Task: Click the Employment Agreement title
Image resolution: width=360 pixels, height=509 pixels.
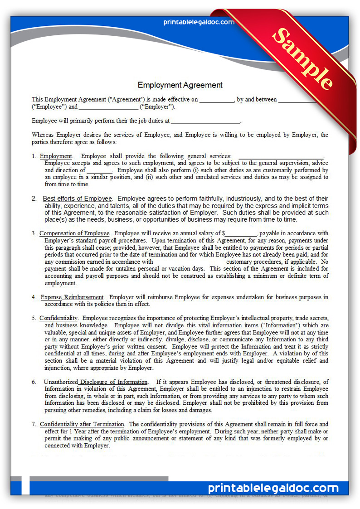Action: [x=180, y=85]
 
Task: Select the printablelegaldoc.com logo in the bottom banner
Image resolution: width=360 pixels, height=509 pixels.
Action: [x=273, y=488]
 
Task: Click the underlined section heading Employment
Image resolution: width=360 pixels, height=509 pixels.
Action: [x=56, y=156]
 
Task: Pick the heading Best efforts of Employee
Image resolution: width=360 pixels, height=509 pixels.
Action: [x=77, y=199]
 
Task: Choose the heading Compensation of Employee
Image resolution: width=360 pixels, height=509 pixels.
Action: [x=74, y=233]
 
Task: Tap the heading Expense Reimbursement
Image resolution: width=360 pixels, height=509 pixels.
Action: [x=72, y=297]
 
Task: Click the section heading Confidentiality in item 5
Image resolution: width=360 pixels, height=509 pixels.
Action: [x=58, y=318]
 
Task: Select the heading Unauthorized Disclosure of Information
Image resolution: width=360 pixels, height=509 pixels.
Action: [x=96, y=382]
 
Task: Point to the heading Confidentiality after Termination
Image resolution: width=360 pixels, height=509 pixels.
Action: [x=82, y=424]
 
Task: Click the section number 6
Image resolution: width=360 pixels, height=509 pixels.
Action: [x=34, y=382]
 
